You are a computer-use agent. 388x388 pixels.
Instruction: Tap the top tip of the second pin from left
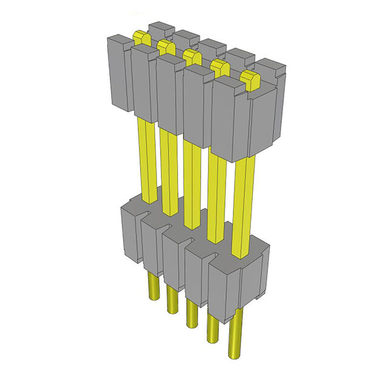[164, 46]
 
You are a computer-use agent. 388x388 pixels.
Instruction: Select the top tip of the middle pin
[192, 56]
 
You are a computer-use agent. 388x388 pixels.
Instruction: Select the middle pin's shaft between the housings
[191, 182]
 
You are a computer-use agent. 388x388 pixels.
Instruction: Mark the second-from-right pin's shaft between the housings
[215, 194]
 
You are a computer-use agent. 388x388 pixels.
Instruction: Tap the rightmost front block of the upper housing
[230, 121]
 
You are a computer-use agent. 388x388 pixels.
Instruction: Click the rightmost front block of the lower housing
[224, 285]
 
